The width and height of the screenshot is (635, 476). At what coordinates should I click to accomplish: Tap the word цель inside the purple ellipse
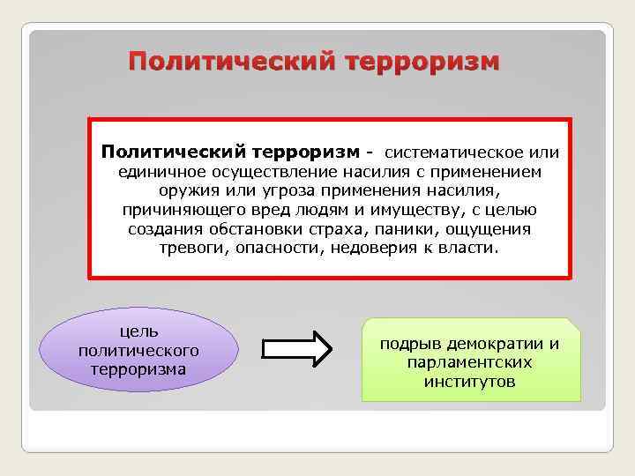[138, 331]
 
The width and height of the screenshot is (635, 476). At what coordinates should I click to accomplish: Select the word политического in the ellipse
[138, 350]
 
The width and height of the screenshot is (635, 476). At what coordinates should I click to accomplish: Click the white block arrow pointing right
[298, 349]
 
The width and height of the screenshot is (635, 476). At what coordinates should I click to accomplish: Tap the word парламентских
[470, 362]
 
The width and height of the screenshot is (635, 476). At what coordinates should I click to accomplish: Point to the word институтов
[470, 382]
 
